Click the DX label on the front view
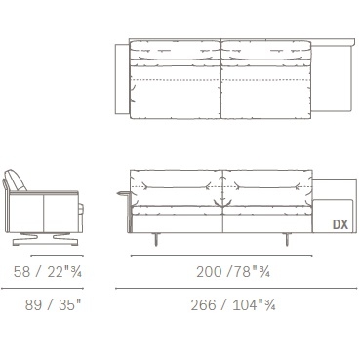coord(340,224)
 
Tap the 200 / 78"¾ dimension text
coord(233,271)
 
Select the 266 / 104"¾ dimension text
coord(233,305)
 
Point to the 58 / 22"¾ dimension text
coord(48,271)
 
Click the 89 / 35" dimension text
coord(53,305)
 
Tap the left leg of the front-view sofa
coord(156,239)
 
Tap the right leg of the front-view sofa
coord(288,239)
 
